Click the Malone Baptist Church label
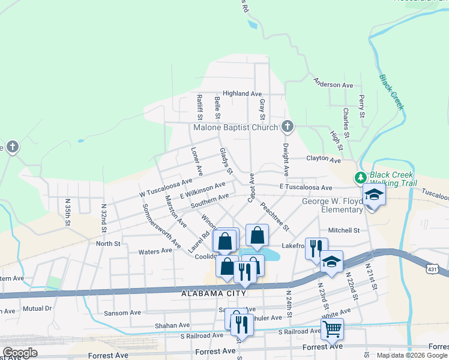(x=235, y=127)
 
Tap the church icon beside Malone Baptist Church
(x=288, y=127)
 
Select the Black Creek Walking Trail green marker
(x=360, y=178)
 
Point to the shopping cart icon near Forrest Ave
(x=332, y=328)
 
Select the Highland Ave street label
(x=243, y=94)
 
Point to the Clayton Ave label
(x=324, y=160)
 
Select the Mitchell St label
(x=344, y=230)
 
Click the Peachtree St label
(x=274, y=217)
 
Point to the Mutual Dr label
(x=37, y=308)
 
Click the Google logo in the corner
(x=20, y=353)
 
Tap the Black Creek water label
(x=391, y=92)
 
